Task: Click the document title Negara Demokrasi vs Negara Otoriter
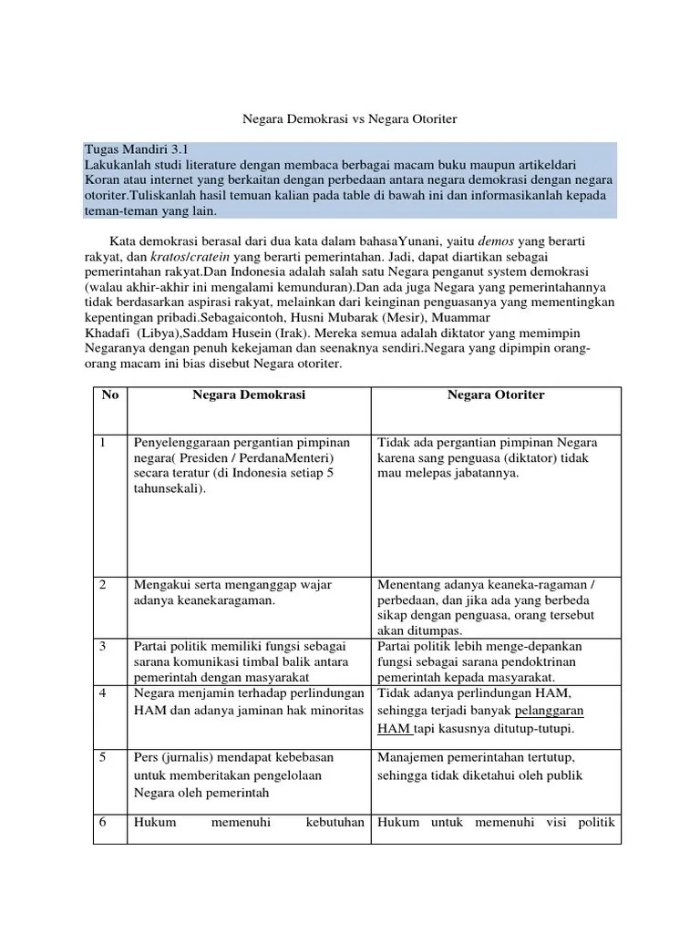click(349, 119)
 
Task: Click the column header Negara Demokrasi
click(249, 395)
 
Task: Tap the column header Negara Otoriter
click(496, 395)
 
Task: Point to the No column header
click(109, 395)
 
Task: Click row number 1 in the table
click(105, 443)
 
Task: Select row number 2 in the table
click(105, 584)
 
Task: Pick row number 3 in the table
click(105, 646)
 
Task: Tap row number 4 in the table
click(105, 693)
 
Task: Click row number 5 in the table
click(105, 757)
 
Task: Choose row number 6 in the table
click(105, 823)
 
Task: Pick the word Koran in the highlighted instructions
click(104, 180)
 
